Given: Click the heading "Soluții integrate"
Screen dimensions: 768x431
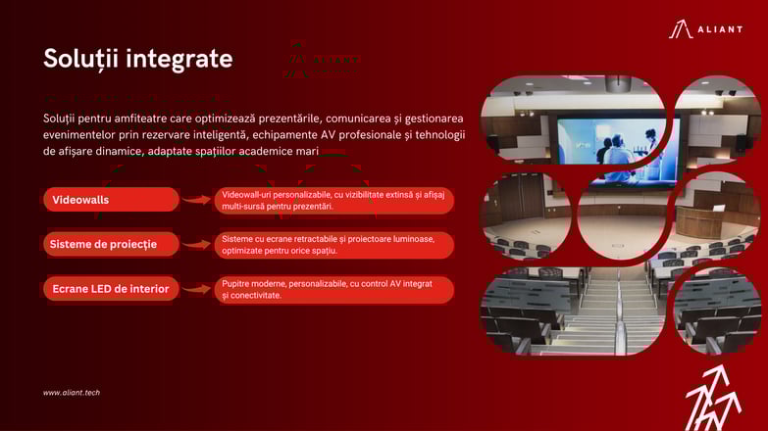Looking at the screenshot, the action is (138, 59).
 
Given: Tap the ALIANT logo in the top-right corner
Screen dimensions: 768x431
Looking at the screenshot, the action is (706, 28).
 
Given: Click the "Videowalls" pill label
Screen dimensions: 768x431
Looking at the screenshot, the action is (111, 200).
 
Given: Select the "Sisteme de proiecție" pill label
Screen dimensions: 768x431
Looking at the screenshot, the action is (111, 244).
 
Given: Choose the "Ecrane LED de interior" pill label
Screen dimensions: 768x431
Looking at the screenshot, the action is (111, 289).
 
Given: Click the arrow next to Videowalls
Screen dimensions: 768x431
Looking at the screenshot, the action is (196, 200).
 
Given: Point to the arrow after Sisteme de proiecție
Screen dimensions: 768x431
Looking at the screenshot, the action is (196, 244).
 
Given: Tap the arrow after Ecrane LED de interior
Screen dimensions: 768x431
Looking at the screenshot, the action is (196, 289).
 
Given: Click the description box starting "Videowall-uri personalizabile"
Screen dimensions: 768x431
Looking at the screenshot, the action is (334, 201).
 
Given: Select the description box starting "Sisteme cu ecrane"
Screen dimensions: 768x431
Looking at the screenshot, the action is (334, 245).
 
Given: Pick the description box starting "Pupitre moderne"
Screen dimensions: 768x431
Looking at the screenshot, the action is (334, 290).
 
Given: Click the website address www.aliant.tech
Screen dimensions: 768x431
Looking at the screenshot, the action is (72, 393).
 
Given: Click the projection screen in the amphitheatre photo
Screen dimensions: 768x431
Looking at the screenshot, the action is (618, 149).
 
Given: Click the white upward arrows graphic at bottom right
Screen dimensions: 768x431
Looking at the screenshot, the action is (714, 399).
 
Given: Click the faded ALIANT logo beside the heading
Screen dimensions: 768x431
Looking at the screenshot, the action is (322, 61).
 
